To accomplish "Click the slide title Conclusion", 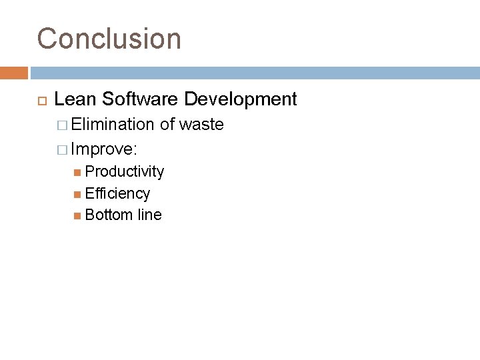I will click(109, 39).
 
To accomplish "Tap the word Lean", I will click(74, 99).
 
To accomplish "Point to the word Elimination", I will click(113, 124).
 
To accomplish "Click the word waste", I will click(201, 124).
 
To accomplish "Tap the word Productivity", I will click(125, 171).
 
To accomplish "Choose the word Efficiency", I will click(118, 193).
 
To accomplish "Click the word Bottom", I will click(109, 215).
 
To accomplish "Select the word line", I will click(150, 215).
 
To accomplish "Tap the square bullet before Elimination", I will click(63, 125).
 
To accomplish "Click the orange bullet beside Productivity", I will click(79, 172).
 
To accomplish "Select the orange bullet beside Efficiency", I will click(79, 194).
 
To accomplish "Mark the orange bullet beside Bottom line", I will click(79, 215).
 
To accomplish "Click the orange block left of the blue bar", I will click(13, 73).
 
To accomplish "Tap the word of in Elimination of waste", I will click(167, 124).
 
